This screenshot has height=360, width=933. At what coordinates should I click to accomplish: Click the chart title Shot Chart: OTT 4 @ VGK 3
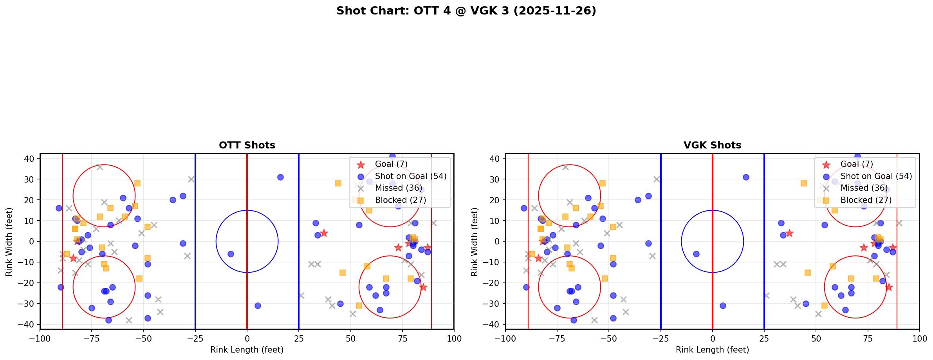tap(466, 11)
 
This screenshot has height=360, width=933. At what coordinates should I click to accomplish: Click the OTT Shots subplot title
tap(247, 145)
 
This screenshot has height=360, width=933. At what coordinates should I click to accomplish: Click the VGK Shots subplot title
tap(712, 145)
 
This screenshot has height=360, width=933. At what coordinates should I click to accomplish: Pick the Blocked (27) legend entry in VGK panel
tap(866, 200)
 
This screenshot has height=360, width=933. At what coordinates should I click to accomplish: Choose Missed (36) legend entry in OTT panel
tap(398, 188)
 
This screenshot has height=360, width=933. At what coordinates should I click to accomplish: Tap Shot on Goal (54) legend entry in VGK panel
tap(876, 176)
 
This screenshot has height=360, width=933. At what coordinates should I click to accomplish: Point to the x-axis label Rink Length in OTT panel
tap(247, 350)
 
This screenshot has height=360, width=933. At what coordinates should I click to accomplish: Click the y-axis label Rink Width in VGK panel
tap(474, 242)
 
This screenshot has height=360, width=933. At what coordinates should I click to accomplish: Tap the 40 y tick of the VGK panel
tap(495, 159)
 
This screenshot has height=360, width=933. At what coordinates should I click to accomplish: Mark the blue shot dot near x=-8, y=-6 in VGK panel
tap(696, 254)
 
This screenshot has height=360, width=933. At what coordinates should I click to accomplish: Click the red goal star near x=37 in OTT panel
tap(323, 233)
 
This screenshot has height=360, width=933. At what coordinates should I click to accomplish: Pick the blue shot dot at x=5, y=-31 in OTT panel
tap(257, 306)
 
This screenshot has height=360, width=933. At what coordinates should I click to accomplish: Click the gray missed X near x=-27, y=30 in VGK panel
tap(657, 179)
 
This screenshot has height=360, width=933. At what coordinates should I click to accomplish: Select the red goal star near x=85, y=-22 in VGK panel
tap(888, 287)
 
